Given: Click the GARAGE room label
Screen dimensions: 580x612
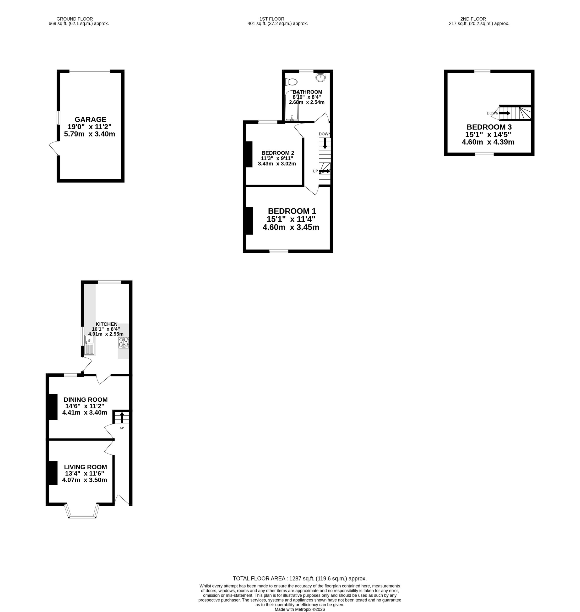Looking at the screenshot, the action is point(90,119).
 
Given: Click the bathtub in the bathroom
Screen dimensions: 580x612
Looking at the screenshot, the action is point(292,105).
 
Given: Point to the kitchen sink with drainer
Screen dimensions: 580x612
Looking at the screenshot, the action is point(89,345).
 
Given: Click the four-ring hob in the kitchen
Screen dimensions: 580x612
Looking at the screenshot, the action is point(124,343).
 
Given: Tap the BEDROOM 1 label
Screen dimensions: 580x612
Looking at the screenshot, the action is point(292,211).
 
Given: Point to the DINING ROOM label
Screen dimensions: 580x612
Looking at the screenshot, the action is point(86,399).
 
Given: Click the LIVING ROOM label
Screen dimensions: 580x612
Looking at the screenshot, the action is point(86,467).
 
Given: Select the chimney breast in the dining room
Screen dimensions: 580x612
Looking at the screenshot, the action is point(53,407).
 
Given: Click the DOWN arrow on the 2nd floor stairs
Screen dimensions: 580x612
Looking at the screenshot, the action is point(504,113).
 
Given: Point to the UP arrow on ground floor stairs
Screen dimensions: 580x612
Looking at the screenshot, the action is point(122,417).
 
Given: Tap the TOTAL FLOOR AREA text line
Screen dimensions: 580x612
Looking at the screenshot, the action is point(300,578).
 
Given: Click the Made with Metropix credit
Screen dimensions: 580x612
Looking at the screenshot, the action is point(300,609).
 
